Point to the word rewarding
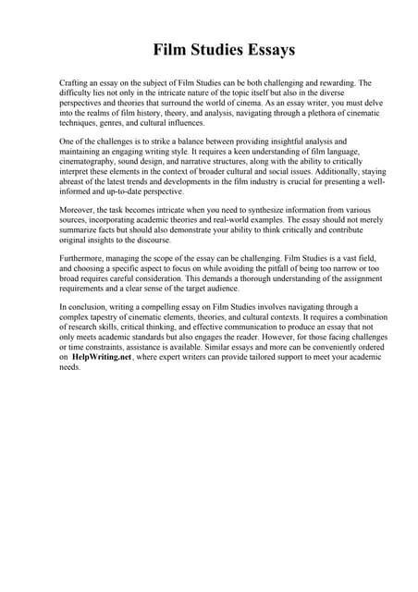[x=326, y=82]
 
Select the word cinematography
[x=91, y=158]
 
